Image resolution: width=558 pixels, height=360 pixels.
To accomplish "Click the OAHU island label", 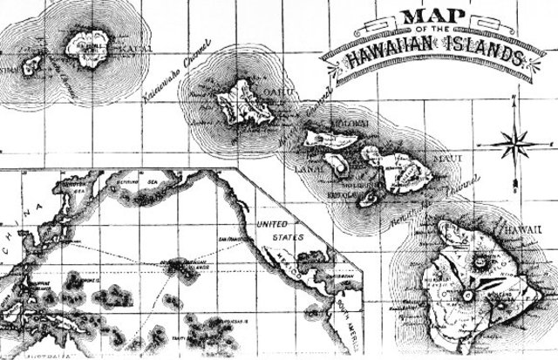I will coord(262,93).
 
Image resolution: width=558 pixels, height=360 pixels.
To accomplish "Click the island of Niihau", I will coord(31,65).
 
